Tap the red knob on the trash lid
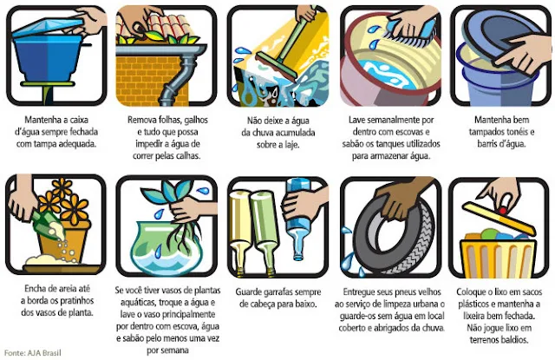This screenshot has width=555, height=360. (502, 212)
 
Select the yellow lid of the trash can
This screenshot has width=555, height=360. (499, 219)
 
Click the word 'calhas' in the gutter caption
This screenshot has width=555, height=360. (187, 156)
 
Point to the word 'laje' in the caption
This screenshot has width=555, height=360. (291, 145)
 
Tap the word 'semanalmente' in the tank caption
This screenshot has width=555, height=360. (393, 120)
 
